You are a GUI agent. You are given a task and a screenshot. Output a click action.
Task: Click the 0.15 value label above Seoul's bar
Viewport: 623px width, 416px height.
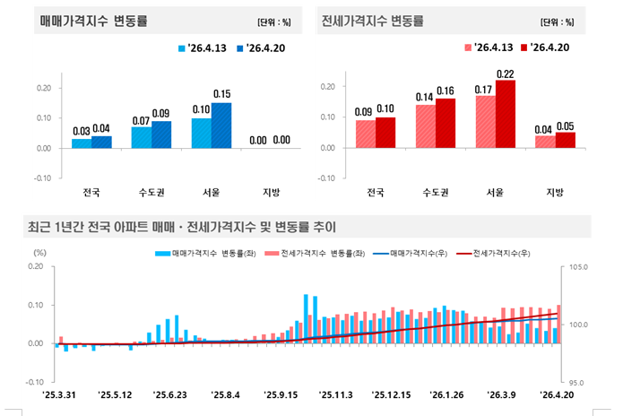pyautogui.click(x=222, y=94)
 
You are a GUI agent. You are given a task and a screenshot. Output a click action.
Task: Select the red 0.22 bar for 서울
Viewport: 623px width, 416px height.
pyautogui.click(x=506, y=114)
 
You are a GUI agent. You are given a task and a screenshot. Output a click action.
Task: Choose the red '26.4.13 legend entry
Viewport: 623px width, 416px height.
pyautogui.click(x=490, y=47)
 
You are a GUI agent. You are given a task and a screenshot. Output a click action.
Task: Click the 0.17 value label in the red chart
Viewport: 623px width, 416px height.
pyautogui.click(x=485, y=89)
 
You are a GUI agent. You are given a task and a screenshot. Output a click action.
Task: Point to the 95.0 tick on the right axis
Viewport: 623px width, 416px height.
pyautogui.click(x=575, y=383)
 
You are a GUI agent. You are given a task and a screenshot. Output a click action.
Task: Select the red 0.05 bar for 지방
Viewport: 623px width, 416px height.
pyautogui.click(x=566, y=140)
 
